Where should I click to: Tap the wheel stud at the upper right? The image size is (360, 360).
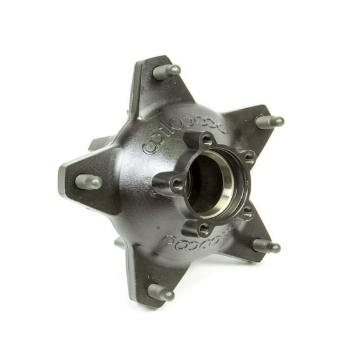[270, 121]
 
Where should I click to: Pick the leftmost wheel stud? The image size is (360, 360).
[89, 182]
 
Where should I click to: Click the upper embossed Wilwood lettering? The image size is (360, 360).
[184, 134]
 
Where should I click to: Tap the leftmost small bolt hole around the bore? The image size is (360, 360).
[177, 184]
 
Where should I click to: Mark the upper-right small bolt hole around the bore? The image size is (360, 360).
[249, 158]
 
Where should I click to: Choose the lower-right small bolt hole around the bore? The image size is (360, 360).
[246, 213]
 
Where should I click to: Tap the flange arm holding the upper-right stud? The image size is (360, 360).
[250, 128]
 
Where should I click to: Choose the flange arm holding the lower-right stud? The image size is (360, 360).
[250, 241]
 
